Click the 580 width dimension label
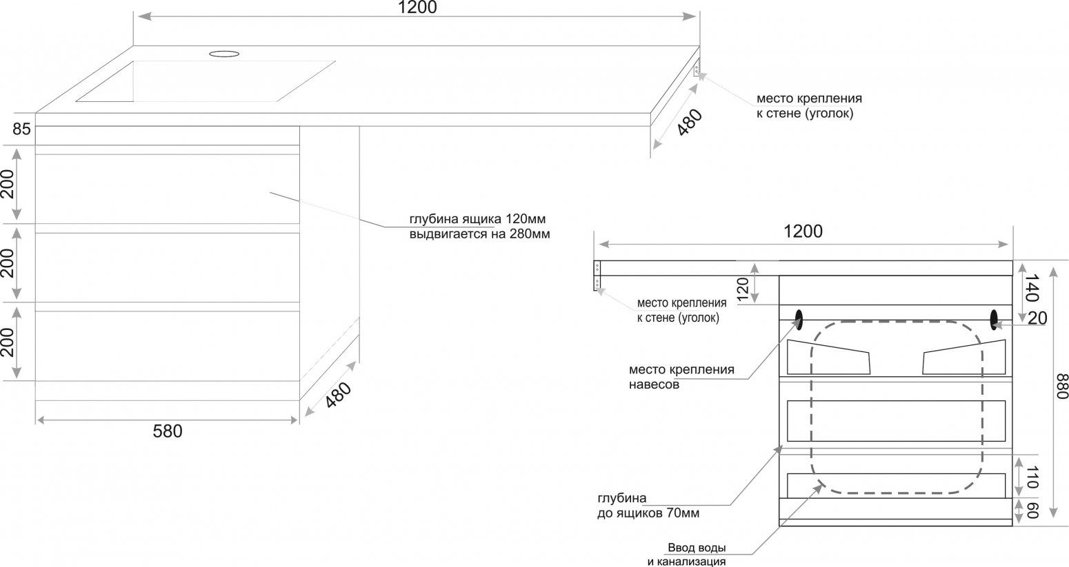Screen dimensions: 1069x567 (x=168, y=431)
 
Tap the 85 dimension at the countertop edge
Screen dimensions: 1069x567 (x=21, y=130)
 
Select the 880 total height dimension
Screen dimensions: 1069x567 (x=1061, y=386)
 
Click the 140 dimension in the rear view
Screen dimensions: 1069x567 (x=1032, y=288)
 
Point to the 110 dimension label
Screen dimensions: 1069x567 (x=1032, y=477)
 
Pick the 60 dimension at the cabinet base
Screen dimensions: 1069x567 (x=1032, y=511)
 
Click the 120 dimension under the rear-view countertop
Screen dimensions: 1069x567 (x=743, y=289)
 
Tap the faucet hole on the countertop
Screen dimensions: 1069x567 (x=224, y=54)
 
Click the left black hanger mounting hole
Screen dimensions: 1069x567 (x=799, y=319)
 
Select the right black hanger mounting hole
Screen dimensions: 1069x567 (x=994, y=319)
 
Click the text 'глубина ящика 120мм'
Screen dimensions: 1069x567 (x=477, y=219)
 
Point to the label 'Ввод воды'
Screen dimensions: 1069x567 (x=697, y=548)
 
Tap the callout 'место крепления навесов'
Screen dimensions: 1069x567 (x=681, y=377)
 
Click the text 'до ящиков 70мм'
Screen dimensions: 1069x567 (x=648, y=513)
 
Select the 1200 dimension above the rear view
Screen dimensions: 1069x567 (x=803, y=231)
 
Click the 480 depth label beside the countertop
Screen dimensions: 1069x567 (x=690, y=123)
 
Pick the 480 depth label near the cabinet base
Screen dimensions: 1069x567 (x=339, y=395)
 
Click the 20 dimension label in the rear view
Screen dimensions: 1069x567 (x=1037, y=318)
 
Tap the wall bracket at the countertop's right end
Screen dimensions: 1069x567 (x=697, y=68)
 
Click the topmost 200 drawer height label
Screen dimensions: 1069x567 (x=8, y=184)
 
